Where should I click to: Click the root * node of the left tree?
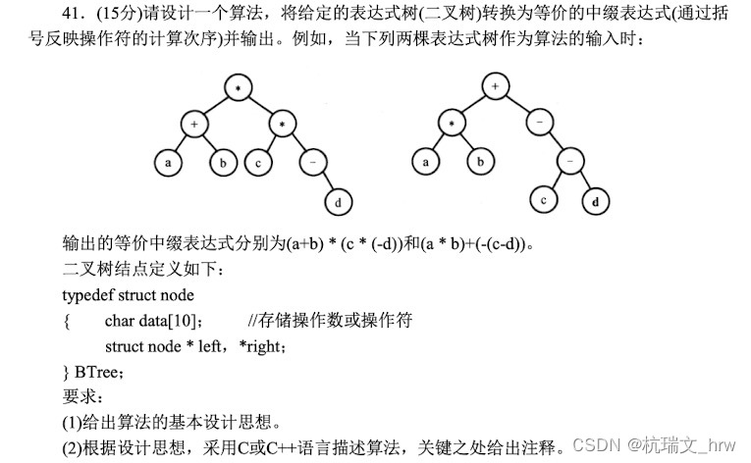pyautogui.click(x=239, y=87)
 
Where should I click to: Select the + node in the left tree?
pyautogui.click(x=194, y=125)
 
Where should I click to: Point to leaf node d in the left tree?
pyautogui.click(x=340, y=202)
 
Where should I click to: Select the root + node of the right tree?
pyautogui.click(x=496, y=87)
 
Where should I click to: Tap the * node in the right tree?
pyautogui.click(x=453, y=125)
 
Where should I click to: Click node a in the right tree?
pyautogui.click(x=424, y=163)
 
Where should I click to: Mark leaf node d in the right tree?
pyautogui.click(x=596, y=202)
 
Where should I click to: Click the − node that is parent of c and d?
pyautogui.click(x=569, y=162)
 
